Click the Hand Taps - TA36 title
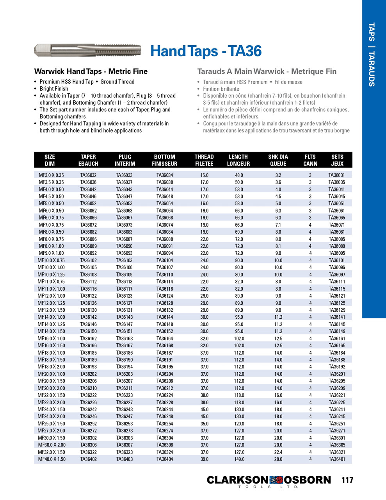point(206,51)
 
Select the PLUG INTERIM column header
point(125,160)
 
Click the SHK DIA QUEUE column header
point(278,160)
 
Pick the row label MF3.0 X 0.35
point(51,175)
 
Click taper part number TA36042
point(88,189)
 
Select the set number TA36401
point(337,459)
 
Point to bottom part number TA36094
point(165,253)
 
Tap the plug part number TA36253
point(125,424)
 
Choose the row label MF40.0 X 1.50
point(52,459)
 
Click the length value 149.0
point(239,459)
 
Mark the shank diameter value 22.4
point(278,452)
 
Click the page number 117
point(347,480)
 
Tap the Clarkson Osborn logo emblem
point(276,480)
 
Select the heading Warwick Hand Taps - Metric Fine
point(91,71)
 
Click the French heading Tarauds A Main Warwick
point(267,71)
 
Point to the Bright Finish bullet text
point(54,89)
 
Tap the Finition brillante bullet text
point(221,89)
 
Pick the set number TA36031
point(337,175)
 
